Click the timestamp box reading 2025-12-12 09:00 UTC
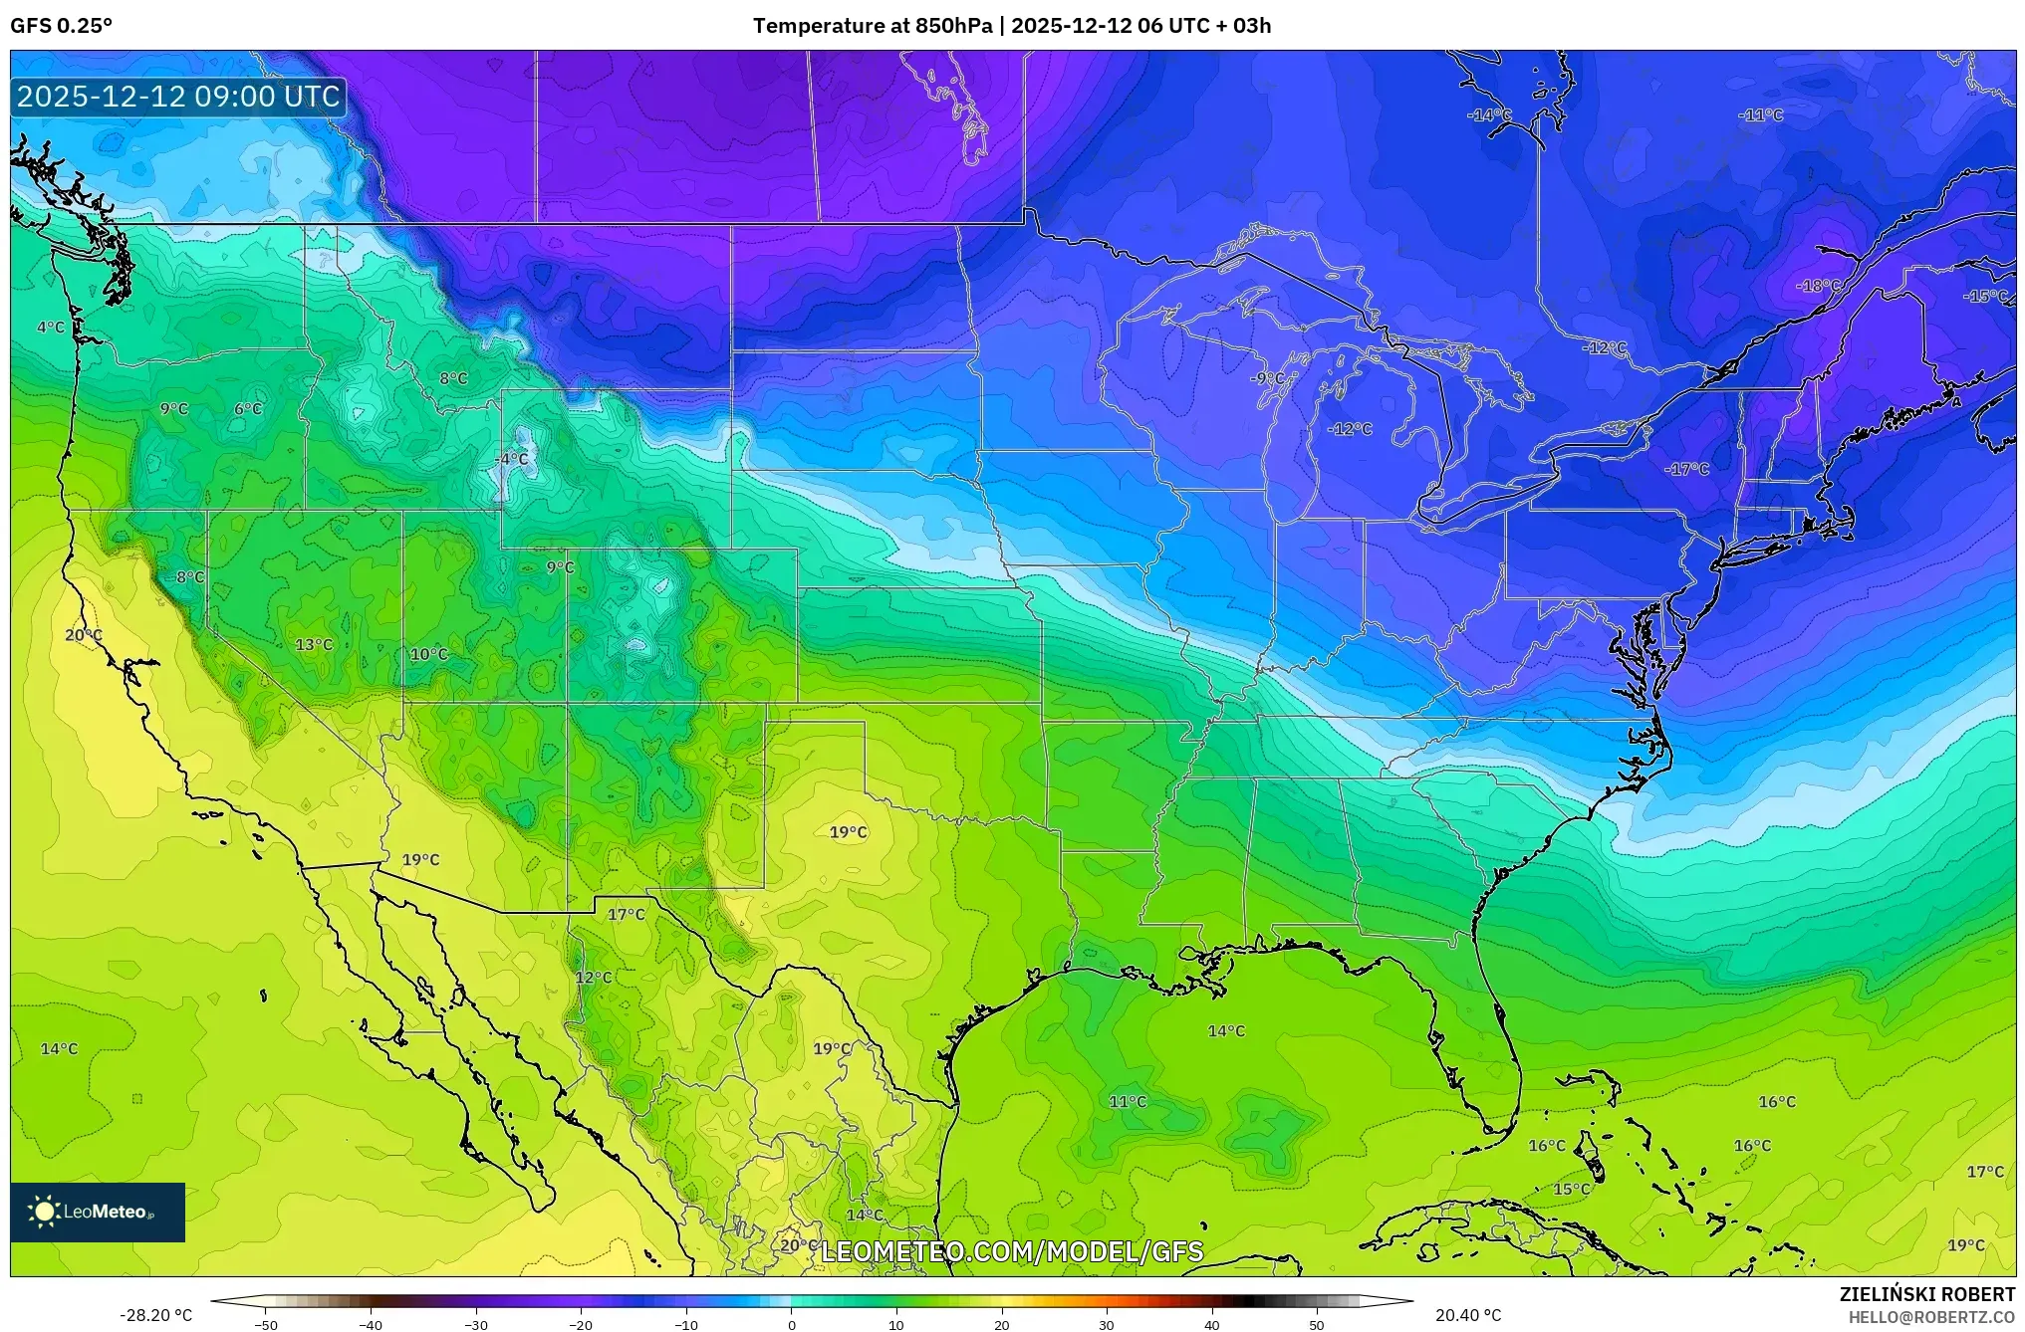click(178, 97)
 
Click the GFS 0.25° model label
click(61, 26)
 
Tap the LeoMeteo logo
click(97, 1212)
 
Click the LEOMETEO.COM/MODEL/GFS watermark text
click(1011, 1251)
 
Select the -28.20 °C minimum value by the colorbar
click(156, 1315)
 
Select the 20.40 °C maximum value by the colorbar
click(1467, 1315)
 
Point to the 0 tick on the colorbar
click(792, 1324)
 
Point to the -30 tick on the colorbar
click(476, 1324)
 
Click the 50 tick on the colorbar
click(1317, 1324)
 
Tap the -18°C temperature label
click(1818, 286)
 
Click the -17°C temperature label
click(1686, 469)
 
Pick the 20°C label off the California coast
click(84, 635)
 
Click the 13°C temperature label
click(314, 645)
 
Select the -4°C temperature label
click(511, 459)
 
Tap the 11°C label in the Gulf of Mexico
click(1128, 1101)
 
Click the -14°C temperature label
click(1488, 115)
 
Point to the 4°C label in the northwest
click(51, 328)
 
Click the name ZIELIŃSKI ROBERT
click(1926, 1294)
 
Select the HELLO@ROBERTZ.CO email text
click(1931, 1317)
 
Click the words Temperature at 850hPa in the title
click(872, 26)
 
